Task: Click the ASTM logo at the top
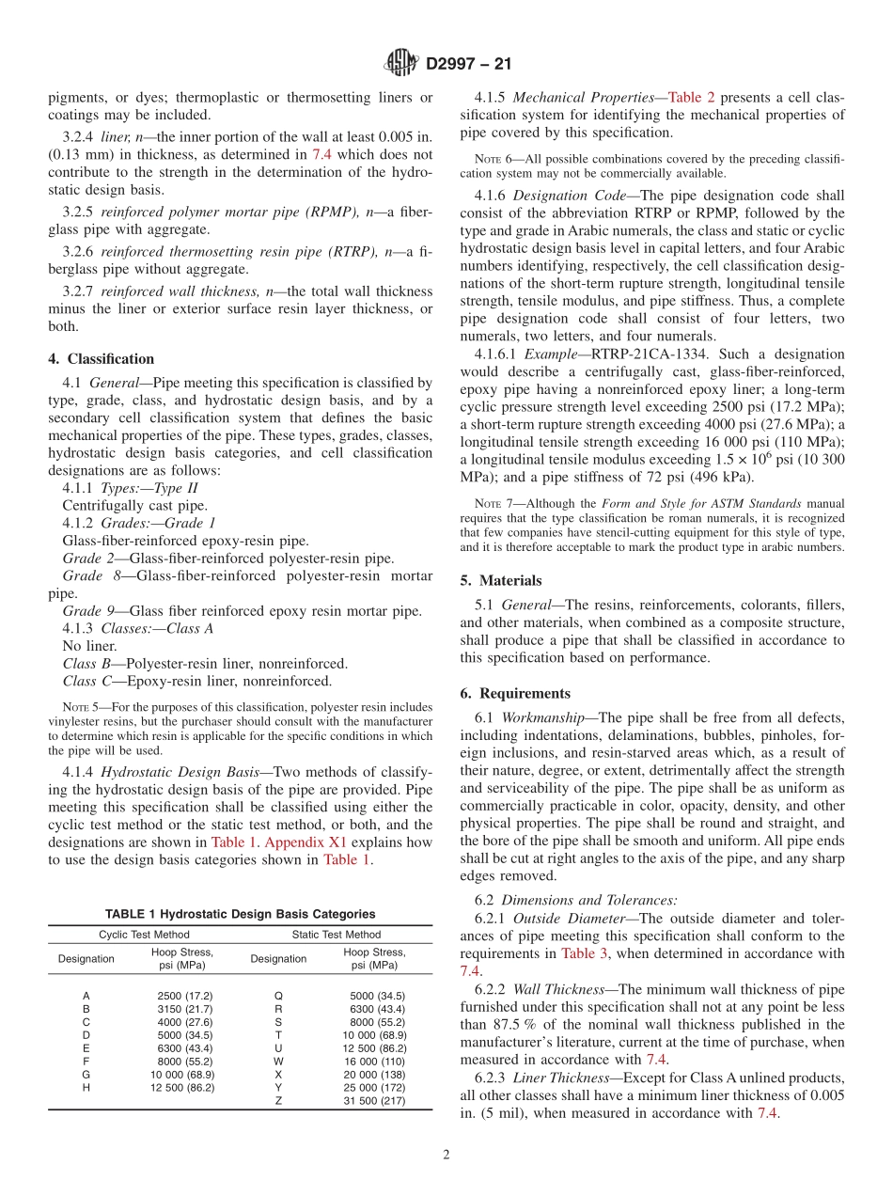click(x=401, y=64)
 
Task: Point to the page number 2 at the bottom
click(x=446, y=1155)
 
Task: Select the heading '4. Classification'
click(x=102, y=359)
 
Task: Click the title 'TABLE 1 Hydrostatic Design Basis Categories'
click(x=240, y=914)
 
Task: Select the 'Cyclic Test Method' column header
click(x=144, y=935)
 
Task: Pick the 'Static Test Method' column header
click(x=336, y=935)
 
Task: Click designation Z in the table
click(x=278, y=1100)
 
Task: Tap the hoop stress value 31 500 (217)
click(x=374, y=1100)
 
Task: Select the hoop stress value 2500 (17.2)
click(x=184, y=995)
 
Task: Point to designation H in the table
click(x=86, y=1087)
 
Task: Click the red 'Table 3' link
click(x=585, y=953)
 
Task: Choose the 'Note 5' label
click(x=77, y=707)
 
